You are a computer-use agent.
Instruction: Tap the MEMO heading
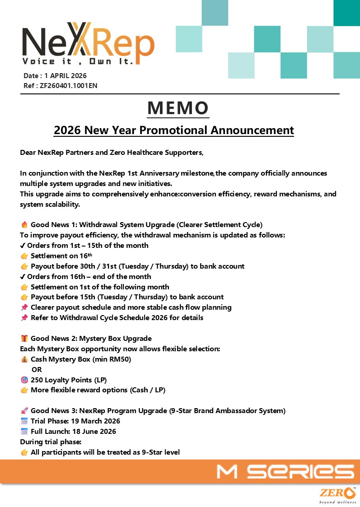click(178, 107)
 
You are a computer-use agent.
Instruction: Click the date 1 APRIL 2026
click(65, 76)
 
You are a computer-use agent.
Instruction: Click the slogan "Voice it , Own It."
click(78, 61)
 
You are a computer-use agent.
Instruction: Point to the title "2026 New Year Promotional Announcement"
click(174, 130)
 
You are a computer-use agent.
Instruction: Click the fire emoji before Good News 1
click(24, 224)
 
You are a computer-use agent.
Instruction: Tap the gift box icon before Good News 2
click(24, 339)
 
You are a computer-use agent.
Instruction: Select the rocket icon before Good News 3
click(24, 411)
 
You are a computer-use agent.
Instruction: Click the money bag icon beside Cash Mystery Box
click(24, 359)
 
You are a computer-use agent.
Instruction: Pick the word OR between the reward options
click(37, 370)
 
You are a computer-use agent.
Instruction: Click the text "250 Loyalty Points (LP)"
click(69, 380)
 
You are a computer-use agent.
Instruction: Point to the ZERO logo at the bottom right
click(337, 495)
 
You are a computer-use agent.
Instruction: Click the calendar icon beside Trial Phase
click(24, 421)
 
